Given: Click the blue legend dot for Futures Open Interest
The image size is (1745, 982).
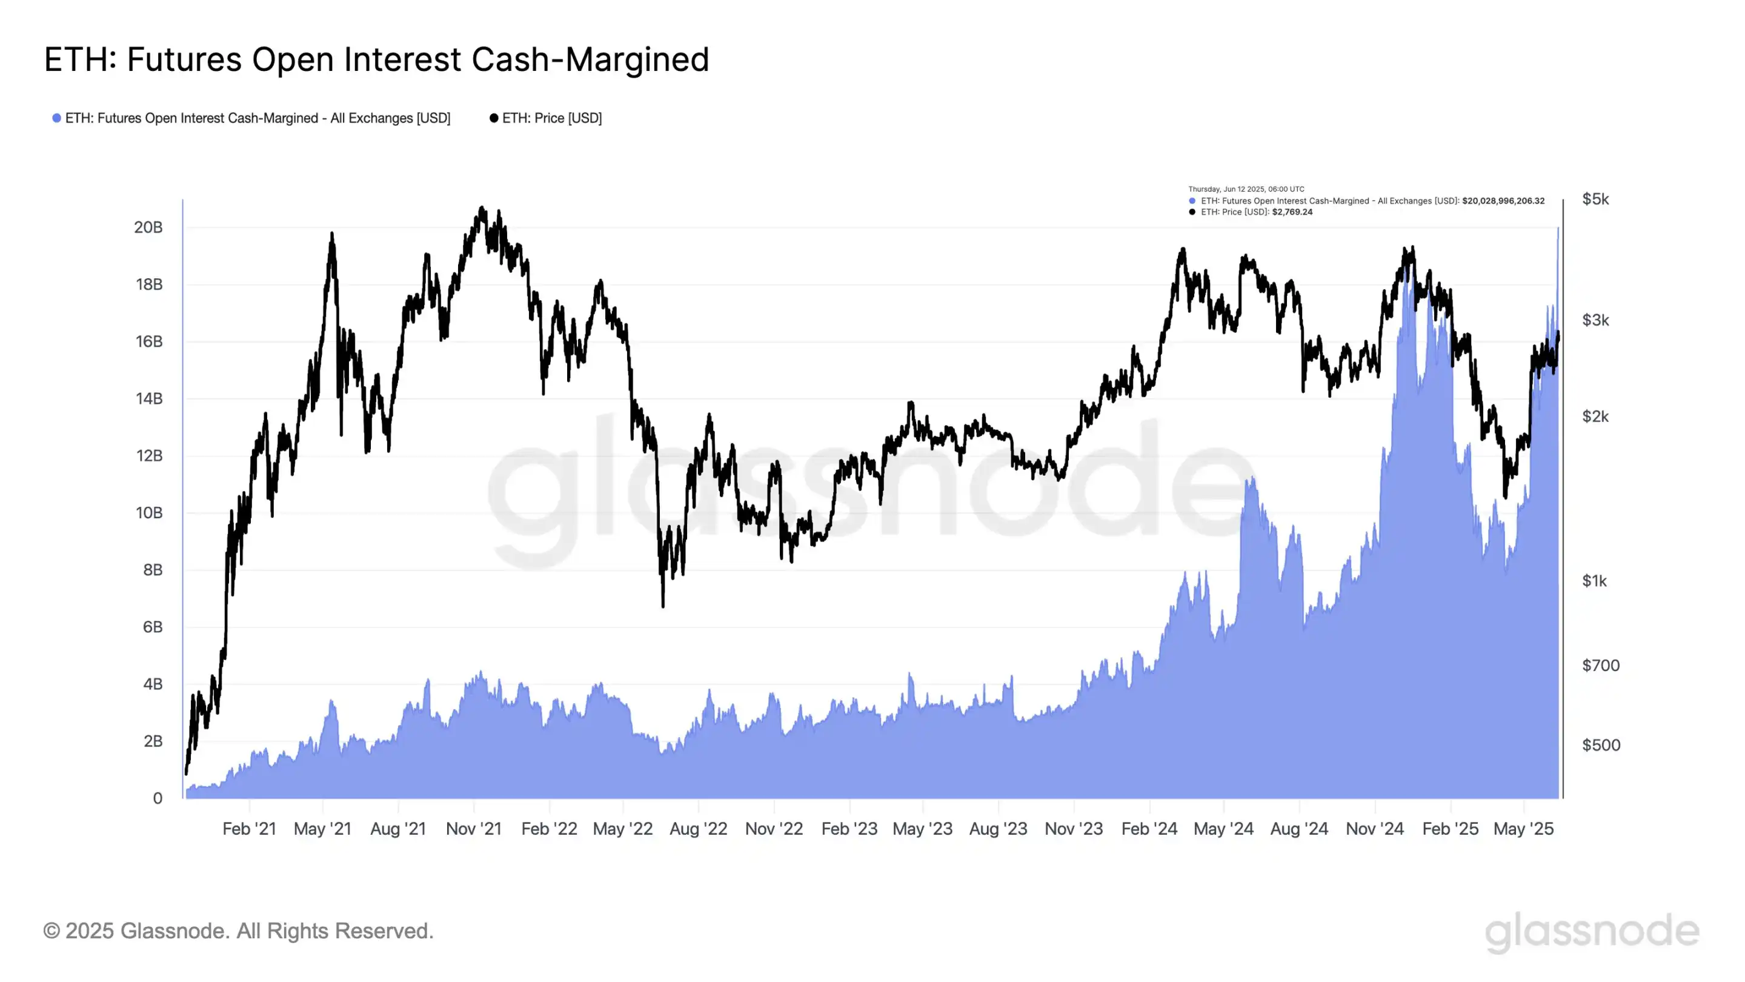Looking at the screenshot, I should pyautogui.click(x=57, y=118).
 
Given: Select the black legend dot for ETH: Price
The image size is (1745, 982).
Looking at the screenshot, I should pyautogui.click(x=494, y=118).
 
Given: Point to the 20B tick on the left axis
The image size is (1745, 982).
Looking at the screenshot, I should pyautogui.click(x=148, y=227).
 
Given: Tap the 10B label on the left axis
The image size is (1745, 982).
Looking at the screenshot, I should pyautogui.click(x=148, y=512).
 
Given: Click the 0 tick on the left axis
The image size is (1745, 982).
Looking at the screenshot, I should pyautogui.click(x=157, y=798).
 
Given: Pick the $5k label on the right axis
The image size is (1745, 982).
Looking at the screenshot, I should pyautogui.click(x=1595, y=199).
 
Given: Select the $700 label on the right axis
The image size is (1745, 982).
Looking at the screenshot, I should pyautogui.click(x=1600, y=665).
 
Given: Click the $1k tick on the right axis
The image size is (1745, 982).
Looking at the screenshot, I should pyautogui.click(x=1594, y=581).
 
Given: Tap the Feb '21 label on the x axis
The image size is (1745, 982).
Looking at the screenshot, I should pyautogui.click(x=249, y=828).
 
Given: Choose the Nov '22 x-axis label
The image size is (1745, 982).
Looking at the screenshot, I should pyautogui.click(x=774, y=828).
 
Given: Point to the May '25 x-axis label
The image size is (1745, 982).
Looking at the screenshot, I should pyautogui.click(x=1523, y=828).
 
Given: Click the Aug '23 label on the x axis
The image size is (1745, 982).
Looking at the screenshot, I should pyautogui.click(x=998, y=828).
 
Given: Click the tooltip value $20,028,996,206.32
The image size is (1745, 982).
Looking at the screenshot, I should pyautogui.click(x=1503, y=201).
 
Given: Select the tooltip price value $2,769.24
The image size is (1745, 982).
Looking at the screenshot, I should pyautogui.click(x=1292, y=212).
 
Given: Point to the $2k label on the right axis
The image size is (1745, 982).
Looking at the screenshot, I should pyautogui.click(x=1595, y=416).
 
